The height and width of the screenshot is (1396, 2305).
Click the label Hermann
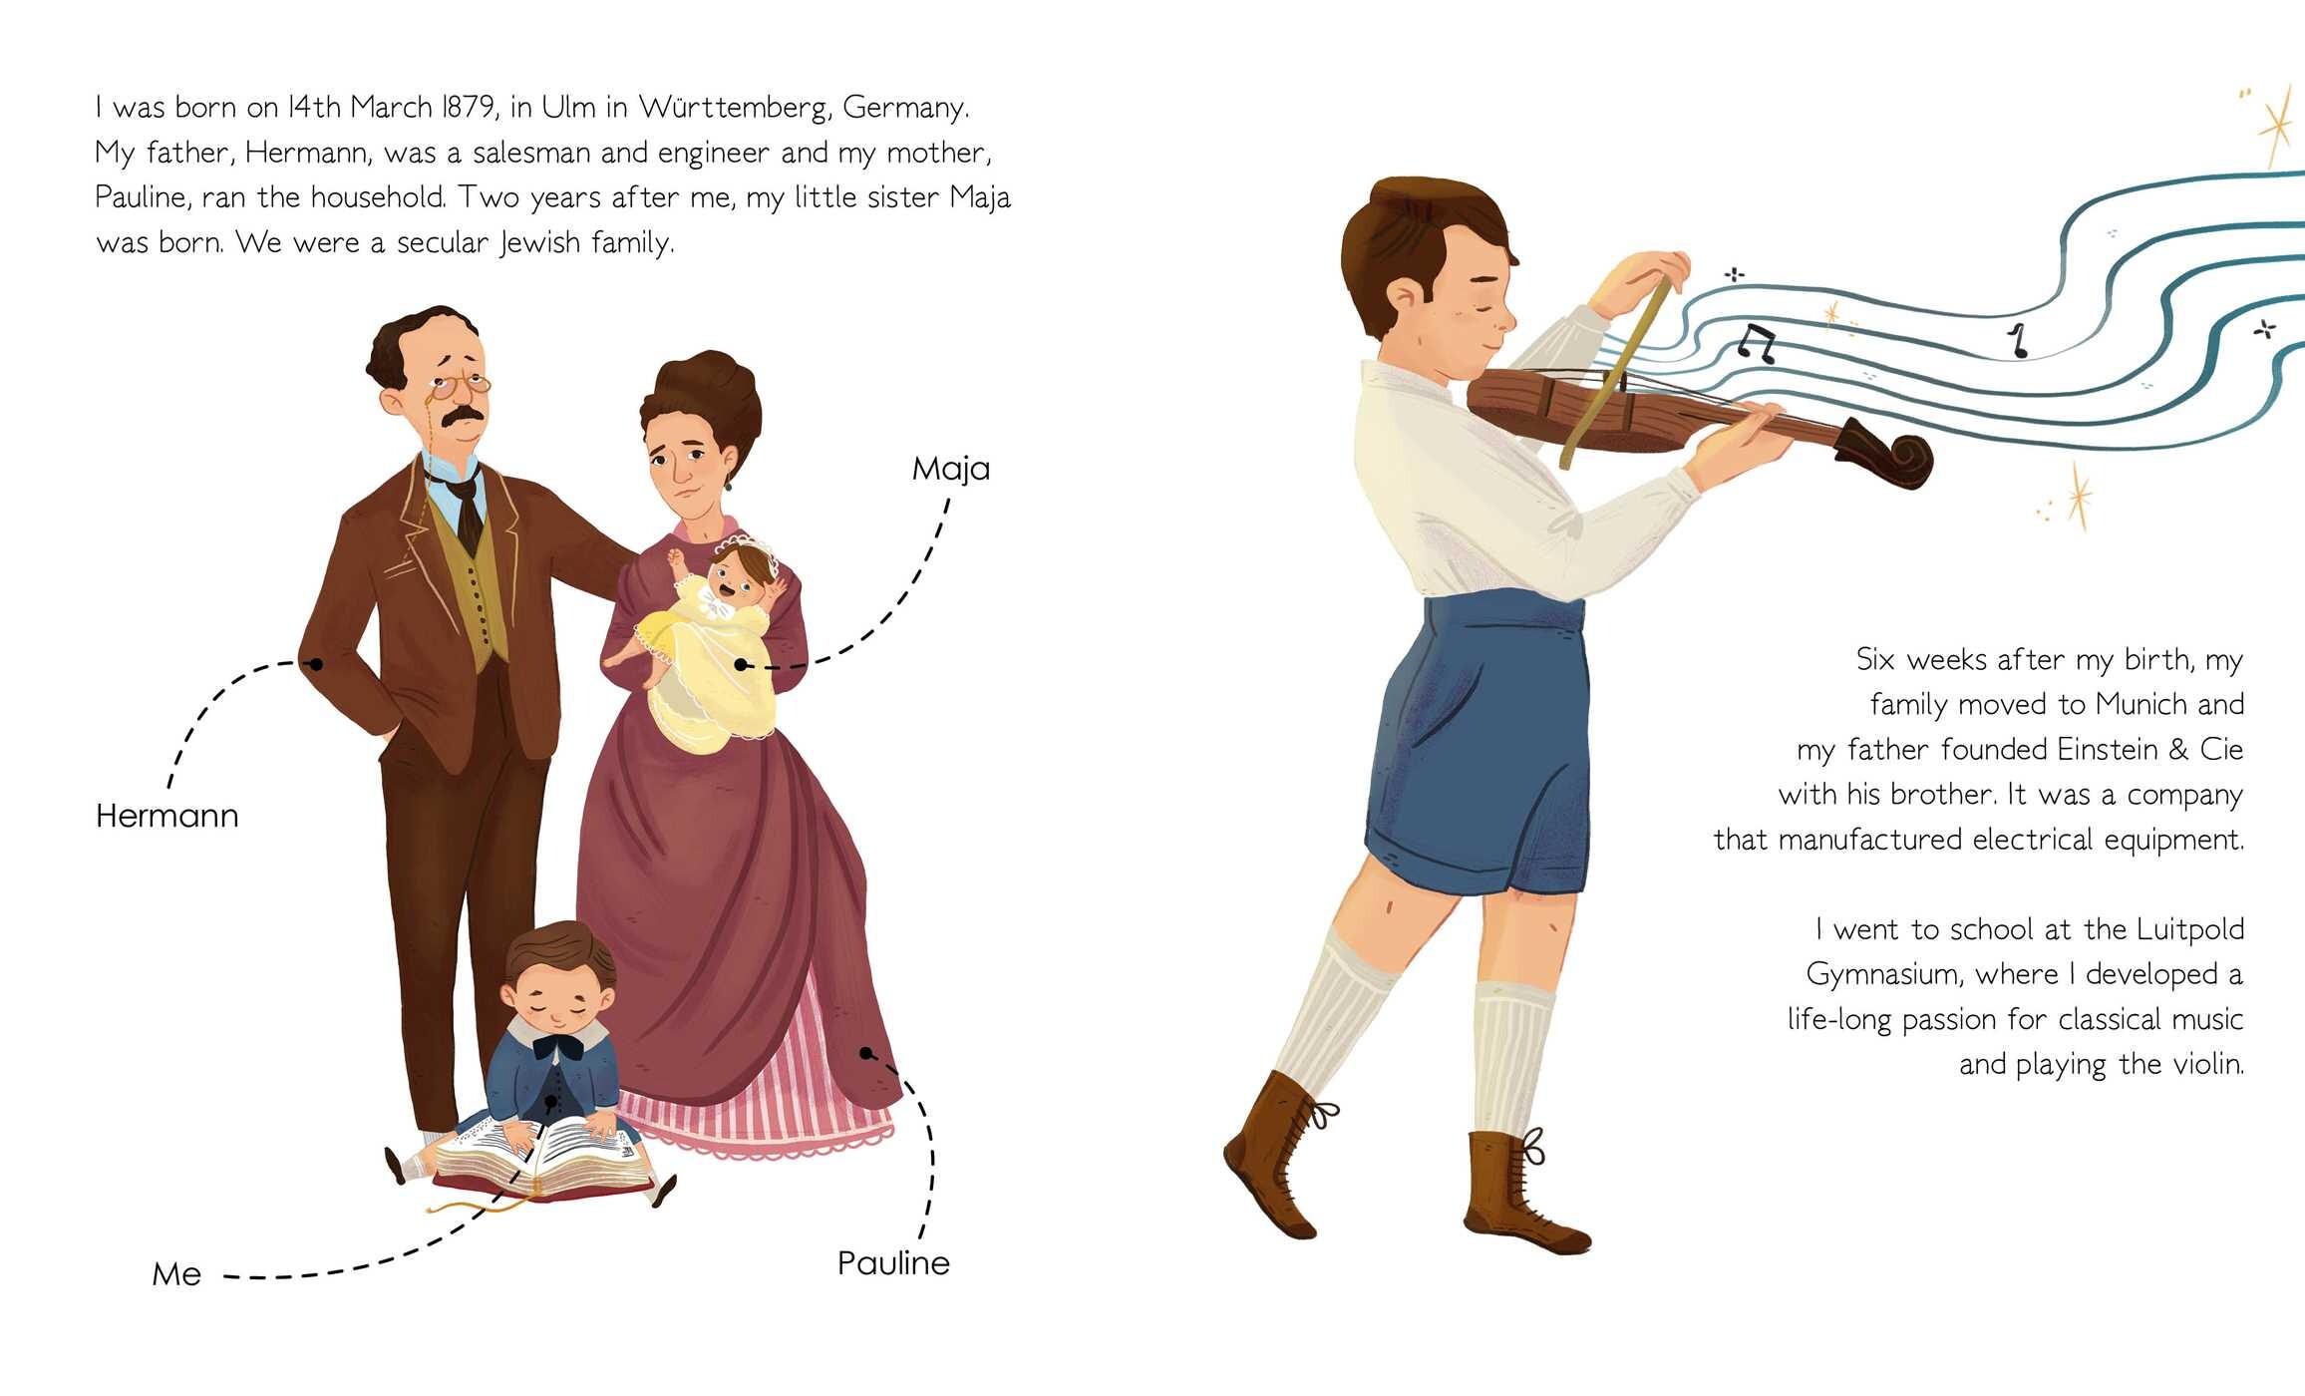(x=167, y=816)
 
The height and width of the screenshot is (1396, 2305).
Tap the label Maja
(x=951, y=470)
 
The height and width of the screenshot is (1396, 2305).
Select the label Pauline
(x=893, y=1263)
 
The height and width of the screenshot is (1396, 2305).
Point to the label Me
(x=176, y=1274)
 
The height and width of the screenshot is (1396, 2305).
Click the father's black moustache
(x=465, y=418)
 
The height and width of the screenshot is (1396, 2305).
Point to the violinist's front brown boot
(x=1279, y=1157)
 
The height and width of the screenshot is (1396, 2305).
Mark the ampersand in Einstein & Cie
(x=2178, y=750)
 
